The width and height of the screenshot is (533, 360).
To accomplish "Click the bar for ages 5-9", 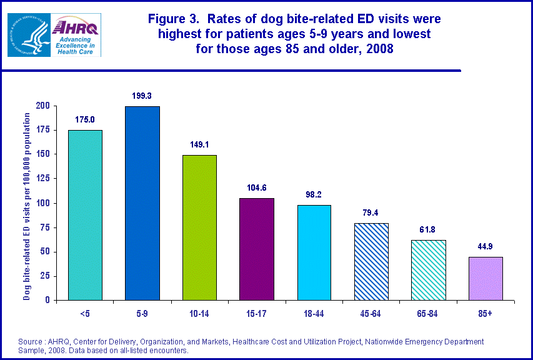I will pos(142,203).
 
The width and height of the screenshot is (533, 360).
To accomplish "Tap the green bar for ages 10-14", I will pos(199,227).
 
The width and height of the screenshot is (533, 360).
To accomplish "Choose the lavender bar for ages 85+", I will pos(486,278).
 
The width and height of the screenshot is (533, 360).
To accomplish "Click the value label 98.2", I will pos(314,194).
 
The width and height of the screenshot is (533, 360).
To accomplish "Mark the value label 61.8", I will pos(428,230).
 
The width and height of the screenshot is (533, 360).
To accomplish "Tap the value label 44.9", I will pos(486,246).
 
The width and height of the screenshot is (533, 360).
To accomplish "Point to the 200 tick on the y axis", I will pos(42,106).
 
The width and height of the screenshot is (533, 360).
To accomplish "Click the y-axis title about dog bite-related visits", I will pos(27,206).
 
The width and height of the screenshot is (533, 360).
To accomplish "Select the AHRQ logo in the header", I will pos(77,35).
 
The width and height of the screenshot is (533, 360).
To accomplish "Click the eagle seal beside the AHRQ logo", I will pos(29,35).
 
